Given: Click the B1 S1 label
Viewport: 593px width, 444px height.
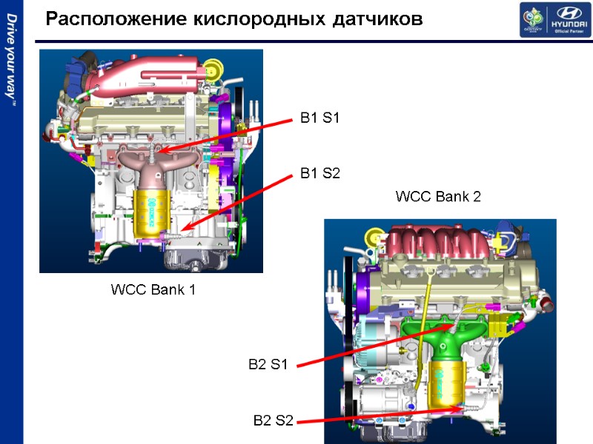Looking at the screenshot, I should click(x=319, y=117).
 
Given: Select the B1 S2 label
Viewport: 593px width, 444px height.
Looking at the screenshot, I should click(x=319, y=174).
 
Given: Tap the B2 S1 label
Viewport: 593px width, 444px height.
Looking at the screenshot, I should click(x=268, y=363).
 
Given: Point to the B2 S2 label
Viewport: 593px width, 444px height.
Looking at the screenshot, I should click(x=274, y=421).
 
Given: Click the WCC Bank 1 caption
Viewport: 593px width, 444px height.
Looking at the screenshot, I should click(x=153, y=289).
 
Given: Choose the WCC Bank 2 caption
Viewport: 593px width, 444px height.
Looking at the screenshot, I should click(x=438, y=197).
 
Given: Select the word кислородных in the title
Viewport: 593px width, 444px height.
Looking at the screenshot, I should click(x=254, y=19).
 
